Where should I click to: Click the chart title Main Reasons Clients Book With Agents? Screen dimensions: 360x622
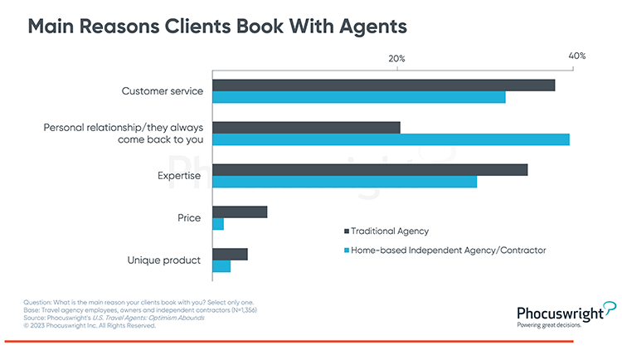tap(217, 27)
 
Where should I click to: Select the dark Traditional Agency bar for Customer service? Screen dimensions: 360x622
tap(383, 85)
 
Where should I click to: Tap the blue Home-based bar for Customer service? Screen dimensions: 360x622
tap(358, 97)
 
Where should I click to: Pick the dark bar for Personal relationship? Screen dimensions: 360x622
tap(306, 127)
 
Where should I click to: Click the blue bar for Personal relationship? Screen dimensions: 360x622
tap(391, 139)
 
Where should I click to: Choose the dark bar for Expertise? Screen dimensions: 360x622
tap(370, 169)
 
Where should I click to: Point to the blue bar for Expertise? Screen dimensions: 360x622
tap(344, 182)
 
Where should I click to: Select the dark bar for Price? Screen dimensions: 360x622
tap(240, 212)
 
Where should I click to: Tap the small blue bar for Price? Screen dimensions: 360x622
tap(218, 224)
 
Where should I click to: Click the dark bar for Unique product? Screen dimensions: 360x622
tap(230, 254)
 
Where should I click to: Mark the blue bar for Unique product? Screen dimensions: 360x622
tap(221, 266)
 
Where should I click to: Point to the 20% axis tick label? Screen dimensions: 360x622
tap(396, 59)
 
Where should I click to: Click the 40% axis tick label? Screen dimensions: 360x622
tap(576, 56)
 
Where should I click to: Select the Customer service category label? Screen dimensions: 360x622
tap(163, 91)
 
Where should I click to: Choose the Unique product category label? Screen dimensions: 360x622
tap(164, 260)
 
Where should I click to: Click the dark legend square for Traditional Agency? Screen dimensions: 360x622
tap(346, 231)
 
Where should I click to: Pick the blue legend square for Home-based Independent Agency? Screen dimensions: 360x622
tap(346, 250)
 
